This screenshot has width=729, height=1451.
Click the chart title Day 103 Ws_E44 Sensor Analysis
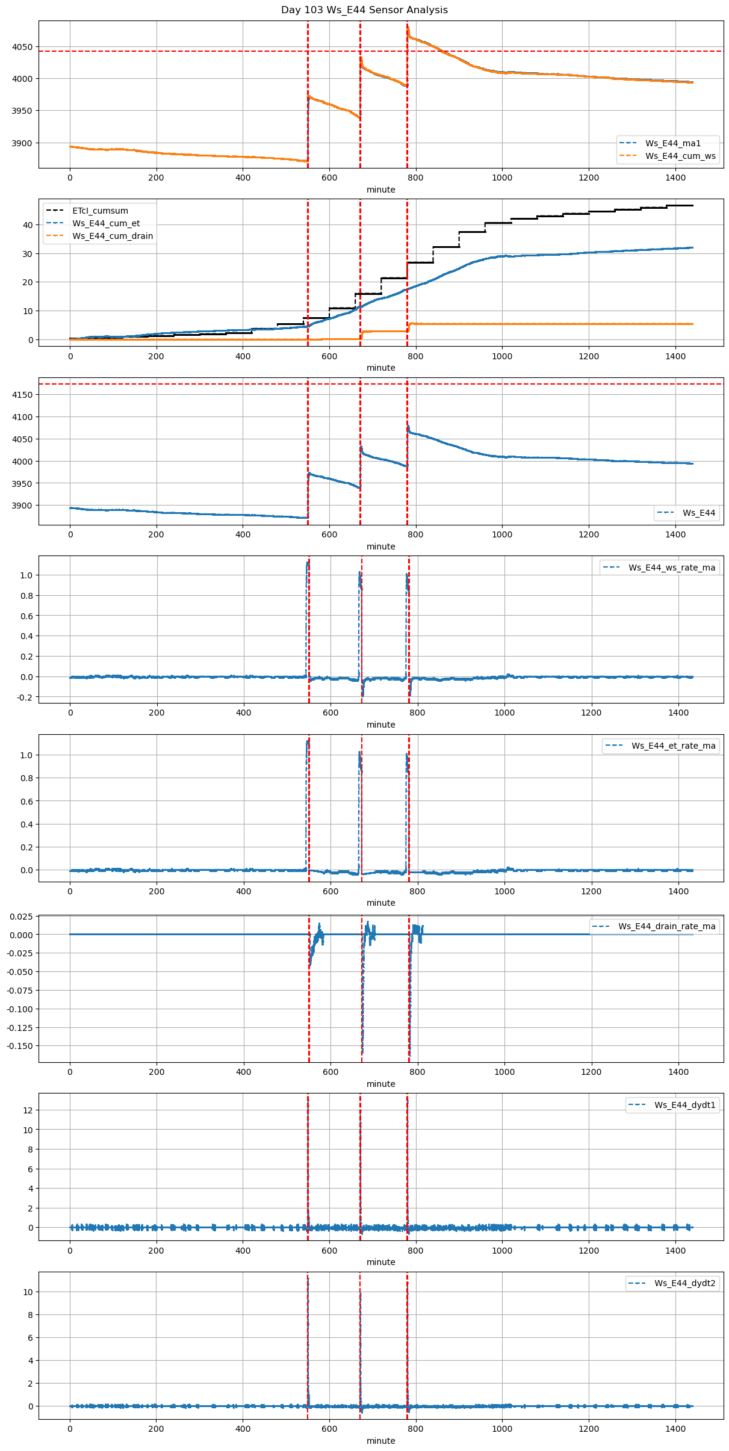pos(364,10)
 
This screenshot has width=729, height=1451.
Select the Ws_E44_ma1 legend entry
pos(673,143)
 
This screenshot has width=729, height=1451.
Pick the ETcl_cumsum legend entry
pos(100,211)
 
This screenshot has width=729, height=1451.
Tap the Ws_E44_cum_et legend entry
pos(106,224)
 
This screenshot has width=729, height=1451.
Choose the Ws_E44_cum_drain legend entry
pos(113,237)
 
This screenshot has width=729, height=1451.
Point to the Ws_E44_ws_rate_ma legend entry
pos(672,568)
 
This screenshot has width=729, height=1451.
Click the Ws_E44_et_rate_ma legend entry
pos(674,746)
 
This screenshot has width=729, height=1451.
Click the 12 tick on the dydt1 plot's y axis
pos(28,1110)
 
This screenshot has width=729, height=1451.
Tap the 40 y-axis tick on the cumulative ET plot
pos(28,225)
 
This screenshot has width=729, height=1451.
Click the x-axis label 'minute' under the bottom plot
pos(381,1441)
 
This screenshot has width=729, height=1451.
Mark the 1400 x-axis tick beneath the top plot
pos(675,178)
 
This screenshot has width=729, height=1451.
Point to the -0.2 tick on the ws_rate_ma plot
pos(24,698)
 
